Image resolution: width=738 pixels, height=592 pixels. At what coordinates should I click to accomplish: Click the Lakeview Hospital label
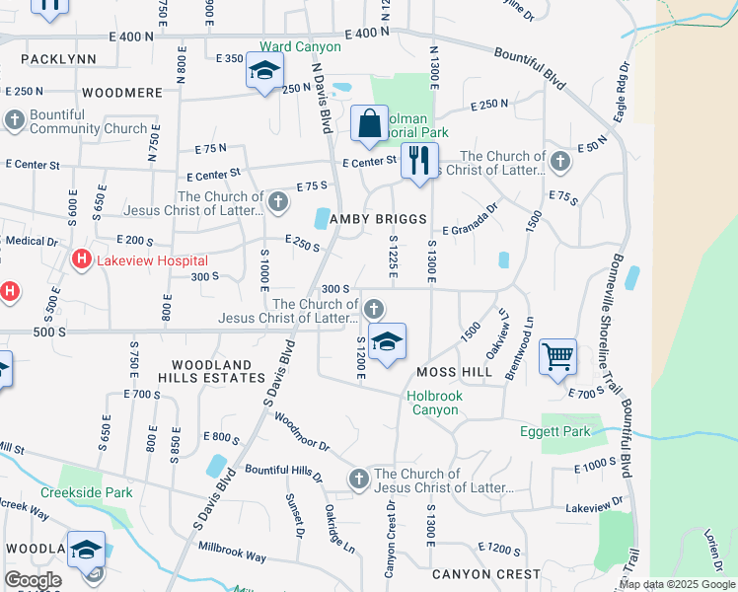tap(151, 260)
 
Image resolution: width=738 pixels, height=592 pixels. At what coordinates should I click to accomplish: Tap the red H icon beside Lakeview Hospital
tap(82, 260)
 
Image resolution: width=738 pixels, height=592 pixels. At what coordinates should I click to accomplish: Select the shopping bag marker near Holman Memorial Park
tap(369, 124)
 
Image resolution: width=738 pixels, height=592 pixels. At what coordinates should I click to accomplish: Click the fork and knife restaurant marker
tap(419, 160)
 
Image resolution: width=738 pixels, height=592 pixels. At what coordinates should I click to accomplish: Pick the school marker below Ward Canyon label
tap(264, 71)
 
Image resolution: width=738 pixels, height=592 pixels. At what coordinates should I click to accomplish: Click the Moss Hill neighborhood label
tap(454, 372)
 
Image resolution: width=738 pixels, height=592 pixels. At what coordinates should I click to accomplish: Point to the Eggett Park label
tap(554, 431)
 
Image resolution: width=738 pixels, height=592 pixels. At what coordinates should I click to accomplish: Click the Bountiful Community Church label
tap(88, 121)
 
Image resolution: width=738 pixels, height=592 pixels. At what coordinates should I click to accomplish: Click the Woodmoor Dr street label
tap(302, 432)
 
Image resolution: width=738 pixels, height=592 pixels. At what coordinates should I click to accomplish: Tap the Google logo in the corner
tap(33, 580)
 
